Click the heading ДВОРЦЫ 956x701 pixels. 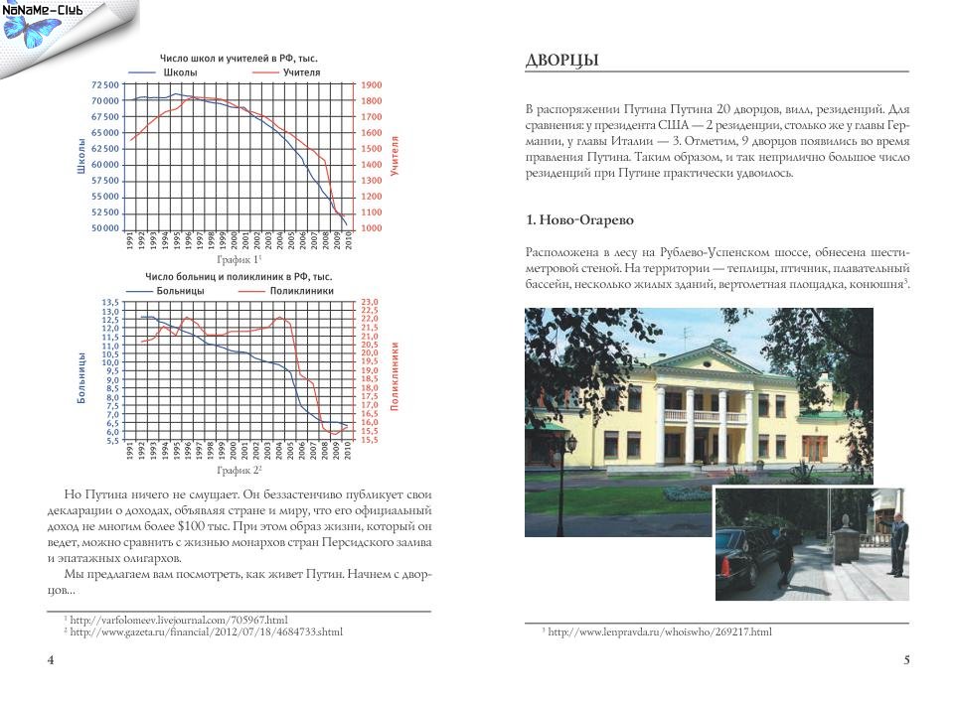[x=561, y=62]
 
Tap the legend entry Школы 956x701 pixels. [x=178, y=72]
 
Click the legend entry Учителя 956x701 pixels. [x=300, y=72]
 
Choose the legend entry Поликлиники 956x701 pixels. [x=301, y=291]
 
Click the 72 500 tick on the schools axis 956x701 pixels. [x=104, y=85]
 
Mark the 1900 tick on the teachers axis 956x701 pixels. [x=372, y=85]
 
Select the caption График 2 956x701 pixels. [x=239, y=469]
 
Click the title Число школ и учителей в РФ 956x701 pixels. [x=239, y=59]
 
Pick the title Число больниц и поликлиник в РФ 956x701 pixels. [x=238, y=276]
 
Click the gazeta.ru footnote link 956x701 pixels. [x=206, y=631]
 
